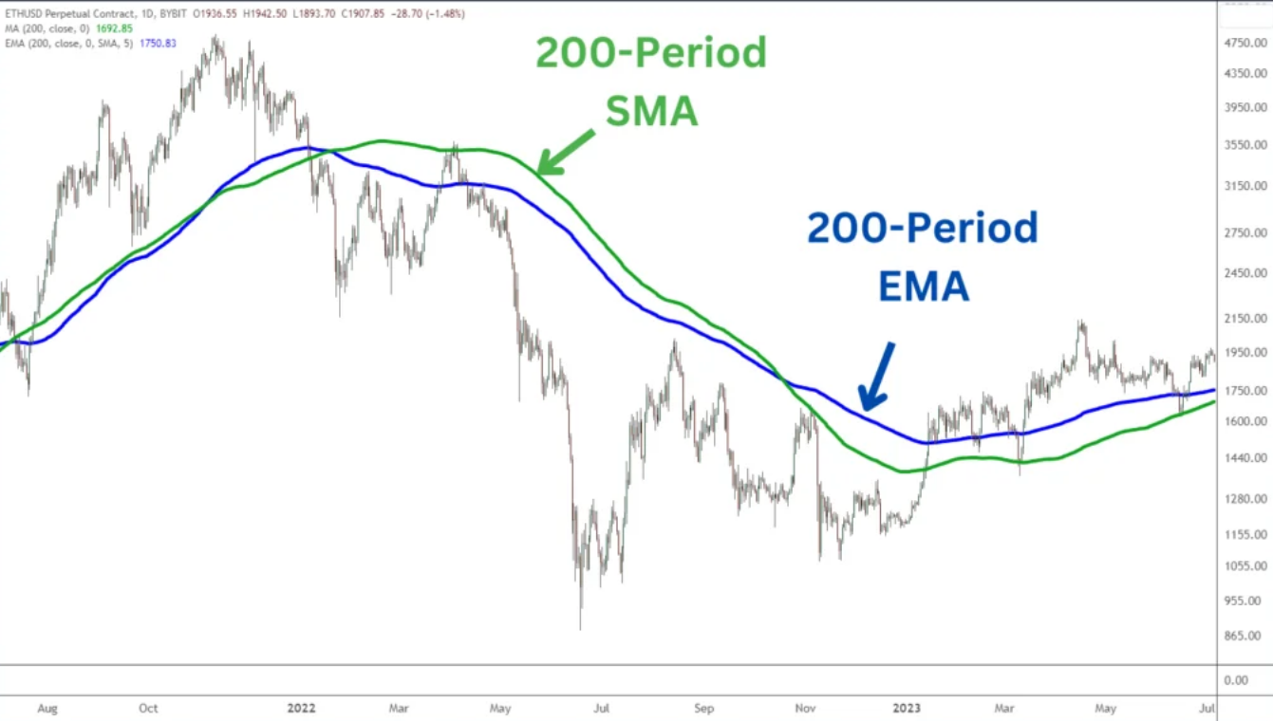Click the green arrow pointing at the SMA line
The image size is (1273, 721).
pyautogui.click(x=566, y=153)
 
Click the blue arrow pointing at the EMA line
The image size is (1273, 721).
pyautogui.click(x=876, y=376)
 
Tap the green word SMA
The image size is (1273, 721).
pyautogui.click(x=651, y=112)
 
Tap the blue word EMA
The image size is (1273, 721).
pyautogui.click(x=923, y=286)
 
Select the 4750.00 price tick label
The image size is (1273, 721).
pyautogui.click(x=1245, y=44)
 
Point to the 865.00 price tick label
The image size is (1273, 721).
pyautogui.click(x=1243, y=635)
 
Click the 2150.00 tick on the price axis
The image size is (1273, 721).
pyautogui.click(x=1245, y=318)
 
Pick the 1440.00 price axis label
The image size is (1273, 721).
pyautogui.click(x=1245, y=457)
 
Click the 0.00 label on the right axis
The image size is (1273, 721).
pyautogui.click(x=1236, y=680)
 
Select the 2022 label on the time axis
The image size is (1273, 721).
pyautogui.click(x=301, y=708)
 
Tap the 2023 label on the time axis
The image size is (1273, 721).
pyautogui.click(x=906, y=708)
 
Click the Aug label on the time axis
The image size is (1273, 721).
pyautogui.click(x=47, y=708)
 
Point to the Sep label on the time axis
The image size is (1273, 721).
pyautogui.click(x=703, y=708)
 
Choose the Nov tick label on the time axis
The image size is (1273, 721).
pyautogui.click(x=805, y=708)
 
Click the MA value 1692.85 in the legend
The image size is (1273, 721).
pyautogui.click(x=113, y=28)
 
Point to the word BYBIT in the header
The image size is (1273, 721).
pyautogui.click(x=167, y=14)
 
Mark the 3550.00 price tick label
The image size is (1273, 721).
pyautogui.click(x=1245, y=145)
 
